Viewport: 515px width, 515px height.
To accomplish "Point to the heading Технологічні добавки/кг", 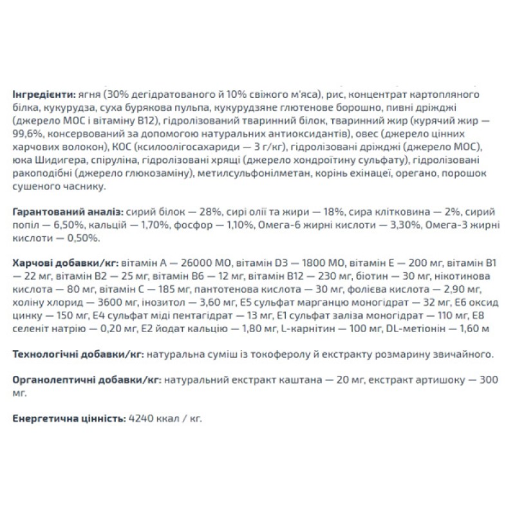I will point(78,353).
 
